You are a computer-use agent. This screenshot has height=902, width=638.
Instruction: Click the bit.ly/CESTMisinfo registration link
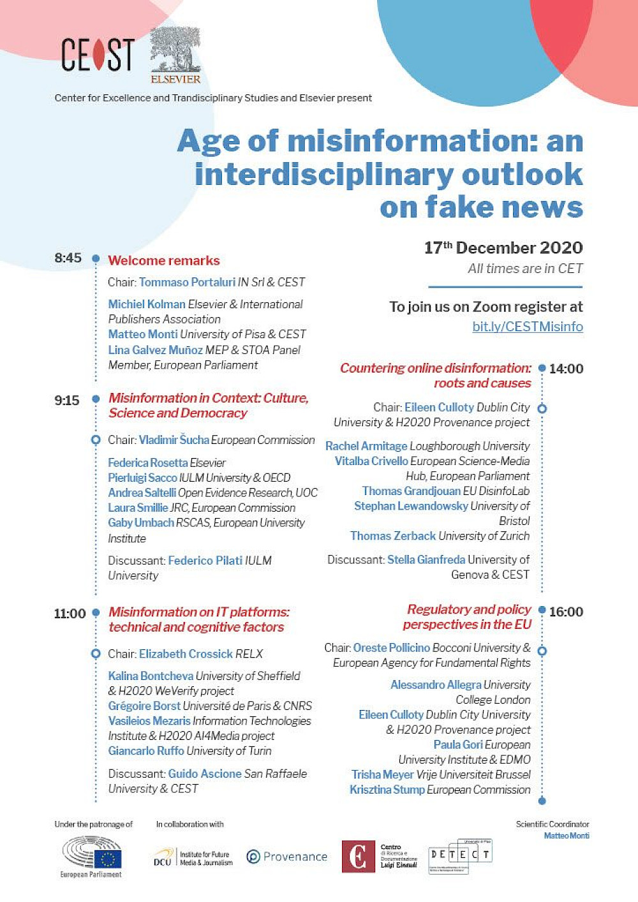(x=527, y=327)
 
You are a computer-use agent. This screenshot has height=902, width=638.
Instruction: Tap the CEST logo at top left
(x=98, y=55)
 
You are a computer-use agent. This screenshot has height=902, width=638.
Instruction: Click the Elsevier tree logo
(x=175, y=56)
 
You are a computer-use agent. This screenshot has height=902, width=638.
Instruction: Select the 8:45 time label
(x=68, y=258)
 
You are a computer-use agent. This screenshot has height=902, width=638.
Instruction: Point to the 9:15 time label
(x=67, y=401)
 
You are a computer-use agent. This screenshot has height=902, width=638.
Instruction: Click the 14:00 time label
(x=566, y=369)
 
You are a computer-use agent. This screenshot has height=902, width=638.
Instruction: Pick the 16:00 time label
(x=566, y=612)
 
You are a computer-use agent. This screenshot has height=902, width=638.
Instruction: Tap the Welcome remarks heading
(x=164, y=260)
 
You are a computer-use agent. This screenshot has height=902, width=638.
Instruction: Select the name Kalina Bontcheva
(x=151, y=676)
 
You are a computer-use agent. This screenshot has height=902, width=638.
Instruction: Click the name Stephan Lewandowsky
(x=411, y=506)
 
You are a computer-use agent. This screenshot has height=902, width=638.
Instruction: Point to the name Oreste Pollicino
(x=392, y=647)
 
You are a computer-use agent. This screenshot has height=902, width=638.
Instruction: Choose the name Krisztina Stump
(x=387, y=790)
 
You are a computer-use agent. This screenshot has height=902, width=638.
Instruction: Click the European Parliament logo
(x=91, y=857)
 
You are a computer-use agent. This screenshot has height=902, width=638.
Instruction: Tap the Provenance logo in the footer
(x=286, y=857)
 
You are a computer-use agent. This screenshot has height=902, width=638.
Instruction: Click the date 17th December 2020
(x=503, y=248)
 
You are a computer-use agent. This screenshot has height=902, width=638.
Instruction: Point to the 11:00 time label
(x=70, y=614)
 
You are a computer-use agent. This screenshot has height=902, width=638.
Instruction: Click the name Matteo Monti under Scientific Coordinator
(x=567, y=836)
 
